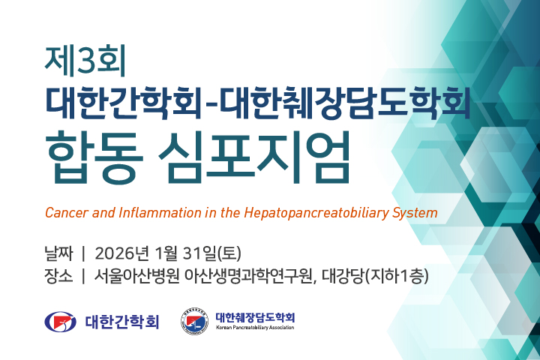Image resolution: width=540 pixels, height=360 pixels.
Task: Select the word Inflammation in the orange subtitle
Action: tap(151, 212)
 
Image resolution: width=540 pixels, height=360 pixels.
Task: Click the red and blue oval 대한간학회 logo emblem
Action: tap(61, 322)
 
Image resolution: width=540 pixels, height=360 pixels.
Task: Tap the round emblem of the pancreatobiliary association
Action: tap(195, 322)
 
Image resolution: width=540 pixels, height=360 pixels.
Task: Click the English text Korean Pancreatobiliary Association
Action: tap(255, 328)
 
